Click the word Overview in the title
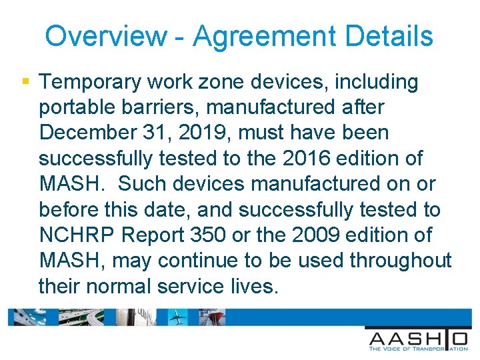click(x=106, y=36)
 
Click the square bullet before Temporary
click(x=25, y=81)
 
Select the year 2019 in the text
click(x=201, y=133)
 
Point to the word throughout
click(x=399, y=261)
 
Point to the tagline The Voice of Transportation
click(x=418, y=348)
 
